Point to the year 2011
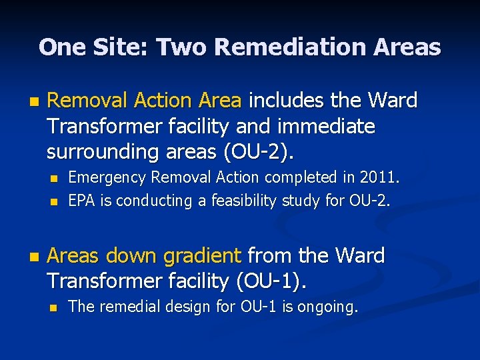379,178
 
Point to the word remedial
129,307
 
